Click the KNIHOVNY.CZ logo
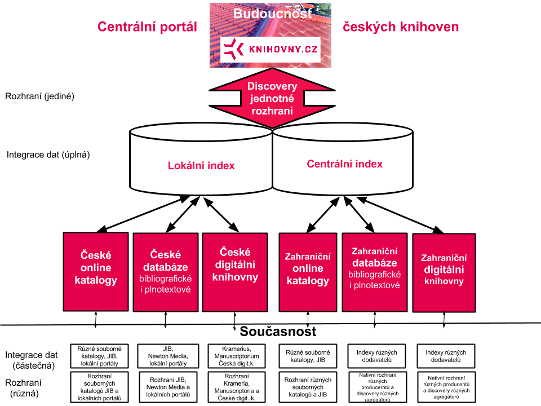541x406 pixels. pyautogui.click(x=270, y=50)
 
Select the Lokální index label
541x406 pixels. pyautogui.click(x=201, y=166)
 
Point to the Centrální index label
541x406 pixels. pyautogui.click(x=344, y=164)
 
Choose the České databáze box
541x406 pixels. pyautogui.click(x=166, y=272)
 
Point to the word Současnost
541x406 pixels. pyautogui.click(x=278, y=332)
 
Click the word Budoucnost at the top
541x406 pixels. pyautogui.click(x=272, y=13)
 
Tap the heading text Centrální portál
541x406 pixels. pyautogui.click(x=148, y=27)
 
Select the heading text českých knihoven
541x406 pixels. pyautogui.click(x=401, y=27)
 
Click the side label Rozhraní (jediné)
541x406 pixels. pyautogui.click(x=39, y=96)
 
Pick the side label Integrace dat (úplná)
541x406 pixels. pyautogui.click(x=48, y=154)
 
